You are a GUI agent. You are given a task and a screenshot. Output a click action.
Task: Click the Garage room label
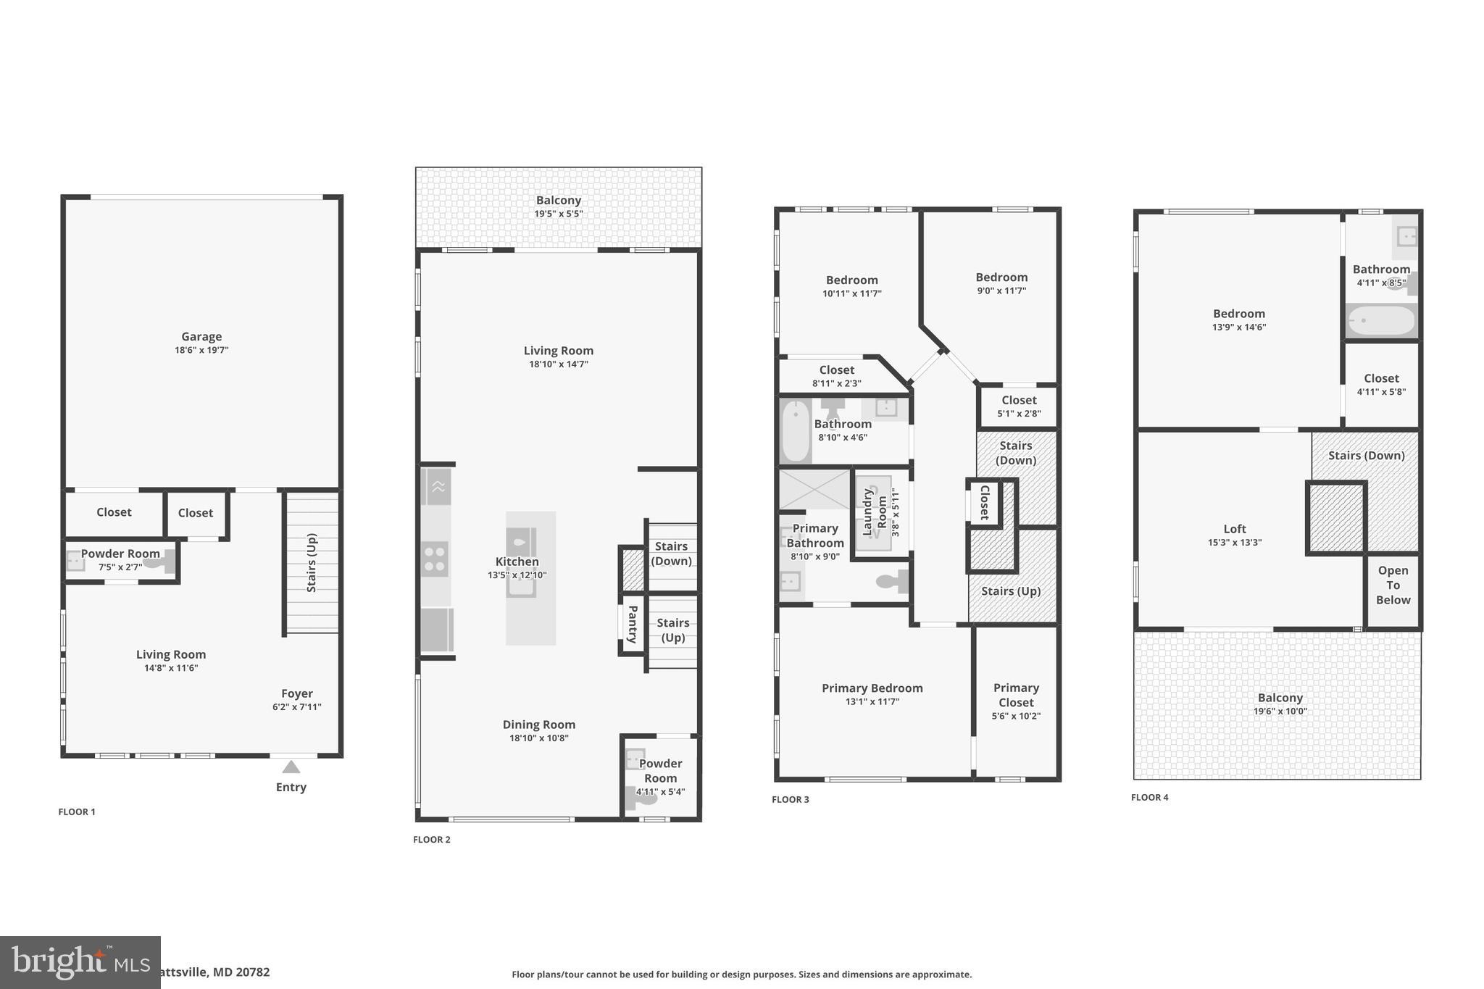click(x=201, y=337)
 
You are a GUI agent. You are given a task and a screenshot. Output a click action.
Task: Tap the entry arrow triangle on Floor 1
click(x=291, y=767)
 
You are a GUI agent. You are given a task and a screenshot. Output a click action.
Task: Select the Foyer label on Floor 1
click(x=297, y=693)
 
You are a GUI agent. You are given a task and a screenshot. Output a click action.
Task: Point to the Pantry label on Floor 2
click(x=632, y=624)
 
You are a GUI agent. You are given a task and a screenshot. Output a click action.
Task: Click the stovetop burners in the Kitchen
click(x=435, y=559)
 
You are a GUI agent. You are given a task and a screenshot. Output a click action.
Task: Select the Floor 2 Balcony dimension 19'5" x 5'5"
click(x=558, y=214)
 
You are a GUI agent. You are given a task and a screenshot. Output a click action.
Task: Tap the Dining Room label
click(x=538, y=725)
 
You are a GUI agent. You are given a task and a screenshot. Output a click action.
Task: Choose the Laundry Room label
click(x=875, y=512)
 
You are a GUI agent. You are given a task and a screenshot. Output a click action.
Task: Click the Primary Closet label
click(x=1016, y=695)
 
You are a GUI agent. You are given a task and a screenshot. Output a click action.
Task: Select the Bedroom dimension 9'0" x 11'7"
click(x=1001, y=291)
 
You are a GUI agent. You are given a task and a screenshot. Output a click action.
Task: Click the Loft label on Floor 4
click(x=1235, y=529)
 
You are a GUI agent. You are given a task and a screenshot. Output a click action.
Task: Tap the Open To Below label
click(x=1393, y=585)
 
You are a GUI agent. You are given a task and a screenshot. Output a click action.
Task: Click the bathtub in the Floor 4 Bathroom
click(x=1381, y=320)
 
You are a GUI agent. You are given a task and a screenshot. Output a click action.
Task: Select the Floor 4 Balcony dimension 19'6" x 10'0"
click(x=1280, y=711)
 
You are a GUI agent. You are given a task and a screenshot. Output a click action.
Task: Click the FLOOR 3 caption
click(x=790, y=799)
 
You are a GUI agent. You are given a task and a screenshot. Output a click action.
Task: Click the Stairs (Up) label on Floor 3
click(x=1011, y=591)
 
